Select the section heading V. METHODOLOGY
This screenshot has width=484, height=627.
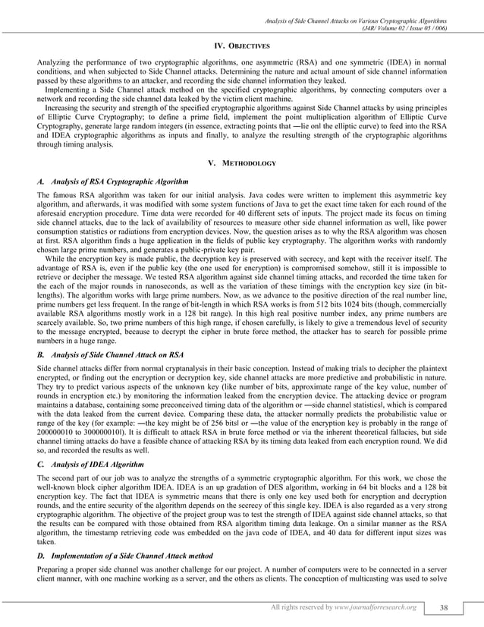pyautogui.click(x=241, y=163)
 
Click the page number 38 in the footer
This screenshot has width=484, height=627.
pyautogui.click(x=444, y=607)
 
